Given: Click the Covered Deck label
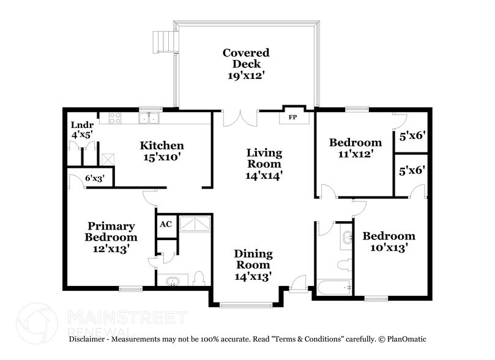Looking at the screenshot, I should click(x=245, y=64).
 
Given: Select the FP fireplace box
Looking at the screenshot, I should click(x=292, y=116).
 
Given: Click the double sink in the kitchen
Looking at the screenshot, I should click(x=149, y=118).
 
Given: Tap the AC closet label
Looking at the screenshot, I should click(x=165, y=224).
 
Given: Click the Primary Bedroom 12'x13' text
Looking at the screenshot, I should click(x=111, y=237).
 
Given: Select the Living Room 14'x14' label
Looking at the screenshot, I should click(x=264, y=163).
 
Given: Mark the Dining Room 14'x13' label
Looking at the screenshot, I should click(x=253, y=265).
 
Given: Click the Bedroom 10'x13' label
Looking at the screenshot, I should click(x=389, y=242).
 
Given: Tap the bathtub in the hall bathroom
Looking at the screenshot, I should click(x=333, y=287).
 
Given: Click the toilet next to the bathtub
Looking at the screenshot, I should click(x=344, y=264).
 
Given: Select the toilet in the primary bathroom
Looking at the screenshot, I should click(x=198, y=279).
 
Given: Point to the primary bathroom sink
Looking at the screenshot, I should click(x=173, y=282).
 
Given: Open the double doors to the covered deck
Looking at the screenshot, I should click(x=240, y=118).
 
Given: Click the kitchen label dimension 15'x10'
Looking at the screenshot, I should click(x=162, y=157).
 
